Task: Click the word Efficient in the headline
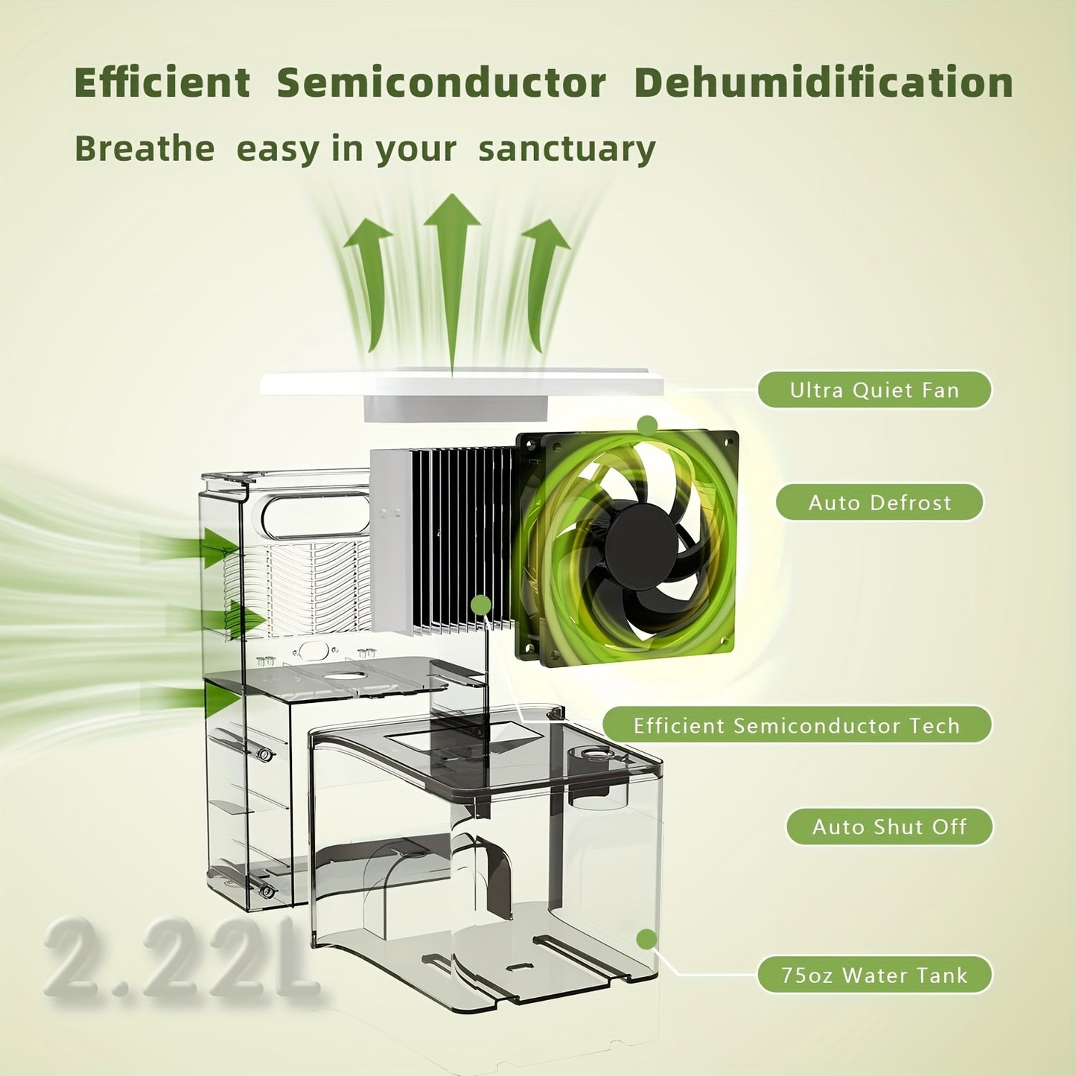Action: (x=162, y=83)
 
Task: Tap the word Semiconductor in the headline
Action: (x=441, y=83)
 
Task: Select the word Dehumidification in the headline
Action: (x=824, y=83)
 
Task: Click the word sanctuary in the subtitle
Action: (x=567, y=150)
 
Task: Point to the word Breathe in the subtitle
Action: (x=144, y=148)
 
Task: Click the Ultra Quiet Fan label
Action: (x=874, y=389)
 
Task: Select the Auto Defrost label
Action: (x=879, y=503)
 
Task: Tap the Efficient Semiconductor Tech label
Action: (x=797, y=725)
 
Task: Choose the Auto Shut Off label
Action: (x=889, y=827)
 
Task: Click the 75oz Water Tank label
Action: (x=874, y=975)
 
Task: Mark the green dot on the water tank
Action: (x=646, y=939)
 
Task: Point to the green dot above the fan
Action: (x=647, y=426)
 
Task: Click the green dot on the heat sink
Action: (x=481, y=604)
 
